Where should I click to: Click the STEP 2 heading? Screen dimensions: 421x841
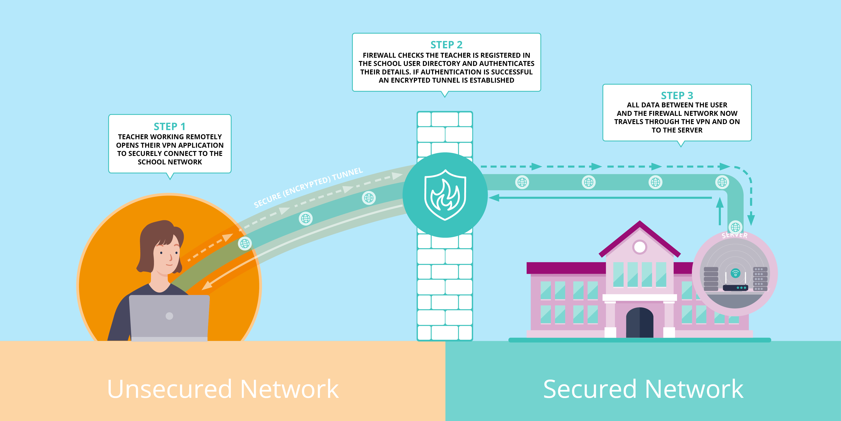(x=446, y=45)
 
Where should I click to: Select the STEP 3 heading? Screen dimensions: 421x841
(x=677, y=95)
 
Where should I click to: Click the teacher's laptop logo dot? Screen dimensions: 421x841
(x=169, y=316)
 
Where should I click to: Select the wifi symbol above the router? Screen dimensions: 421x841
(x=735, y=273)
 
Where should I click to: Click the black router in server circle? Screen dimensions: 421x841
(x=735, y=288)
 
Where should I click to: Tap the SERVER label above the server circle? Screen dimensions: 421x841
(x=735, y=235)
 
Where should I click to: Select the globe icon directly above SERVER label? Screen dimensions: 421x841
(x=735, y=227)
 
